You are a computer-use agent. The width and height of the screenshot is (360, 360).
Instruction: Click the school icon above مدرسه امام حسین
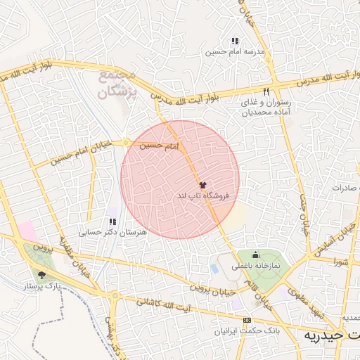click(235, 41)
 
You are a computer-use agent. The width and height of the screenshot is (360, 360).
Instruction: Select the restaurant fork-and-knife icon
click(266, 92)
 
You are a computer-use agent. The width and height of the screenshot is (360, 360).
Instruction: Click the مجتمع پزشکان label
click(114, 84)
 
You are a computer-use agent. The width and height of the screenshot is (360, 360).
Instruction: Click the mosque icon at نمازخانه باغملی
click(255, 255)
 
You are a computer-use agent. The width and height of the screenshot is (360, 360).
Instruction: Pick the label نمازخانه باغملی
click(257, 266)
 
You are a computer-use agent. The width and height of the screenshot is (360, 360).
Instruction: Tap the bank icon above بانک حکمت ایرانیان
click(246, 320)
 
